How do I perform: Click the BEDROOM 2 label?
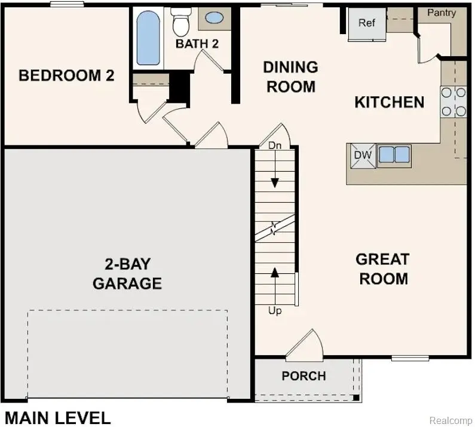[66, 76]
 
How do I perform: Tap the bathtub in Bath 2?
[148, 39]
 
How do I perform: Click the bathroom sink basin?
[214, 17]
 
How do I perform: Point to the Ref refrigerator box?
[366, 24]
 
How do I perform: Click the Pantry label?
[442, 13]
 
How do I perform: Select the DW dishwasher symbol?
[363, 155]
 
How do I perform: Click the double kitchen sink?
[394, 155]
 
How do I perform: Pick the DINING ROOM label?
[290, 77]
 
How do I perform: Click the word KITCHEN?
[389, 102]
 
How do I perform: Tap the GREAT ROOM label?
[382, 269]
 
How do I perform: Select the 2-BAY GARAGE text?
[127, 273]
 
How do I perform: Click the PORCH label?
[304, 376]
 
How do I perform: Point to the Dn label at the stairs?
[274, 145]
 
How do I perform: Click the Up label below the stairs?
[275, 311]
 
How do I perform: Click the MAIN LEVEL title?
[57, 417]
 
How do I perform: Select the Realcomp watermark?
[451, 420]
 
